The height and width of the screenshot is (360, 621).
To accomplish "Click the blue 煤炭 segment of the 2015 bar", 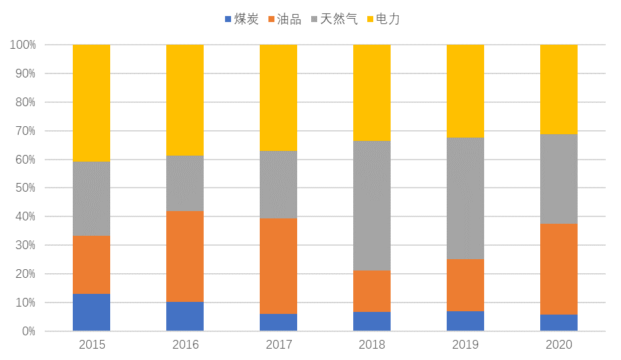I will (x=91, y=312).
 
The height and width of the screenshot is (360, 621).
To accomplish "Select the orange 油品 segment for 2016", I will (x=185, y=256).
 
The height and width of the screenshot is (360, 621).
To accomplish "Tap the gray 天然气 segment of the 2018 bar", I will (x=372, y=206).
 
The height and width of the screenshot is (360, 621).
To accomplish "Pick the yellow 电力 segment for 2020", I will (x=559, y=89).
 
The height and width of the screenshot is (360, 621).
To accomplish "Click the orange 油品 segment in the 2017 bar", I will (x=278, y=266).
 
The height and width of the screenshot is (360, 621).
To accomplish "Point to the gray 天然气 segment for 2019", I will (x=465, y=198).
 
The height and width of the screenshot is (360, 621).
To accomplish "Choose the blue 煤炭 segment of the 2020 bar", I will (x=559, y=323).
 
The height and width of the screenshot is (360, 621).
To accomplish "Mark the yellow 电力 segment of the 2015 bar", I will (x=91, y=103).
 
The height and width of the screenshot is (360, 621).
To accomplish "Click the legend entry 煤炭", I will (x=242, y=19).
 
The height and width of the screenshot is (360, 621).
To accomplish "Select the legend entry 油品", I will (x=284, y=19).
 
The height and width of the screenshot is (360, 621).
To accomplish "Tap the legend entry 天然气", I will (x=332, y=19).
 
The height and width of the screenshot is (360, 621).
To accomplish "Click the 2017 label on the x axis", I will (x=278, y=345).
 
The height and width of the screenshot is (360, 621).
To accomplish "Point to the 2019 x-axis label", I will (x=465, y=345).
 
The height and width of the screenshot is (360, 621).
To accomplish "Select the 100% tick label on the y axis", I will (x=23, y=45).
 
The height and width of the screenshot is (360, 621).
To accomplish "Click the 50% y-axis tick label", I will (x=25, y=188).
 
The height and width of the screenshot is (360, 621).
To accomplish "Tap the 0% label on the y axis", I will (x=28, y=331).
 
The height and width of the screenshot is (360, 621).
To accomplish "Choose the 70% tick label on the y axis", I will (x=25, y=131).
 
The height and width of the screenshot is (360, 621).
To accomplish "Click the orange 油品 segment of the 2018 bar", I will (x=372, y=291).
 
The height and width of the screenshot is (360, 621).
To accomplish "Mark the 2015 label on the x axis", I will (x=91, y=345).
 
